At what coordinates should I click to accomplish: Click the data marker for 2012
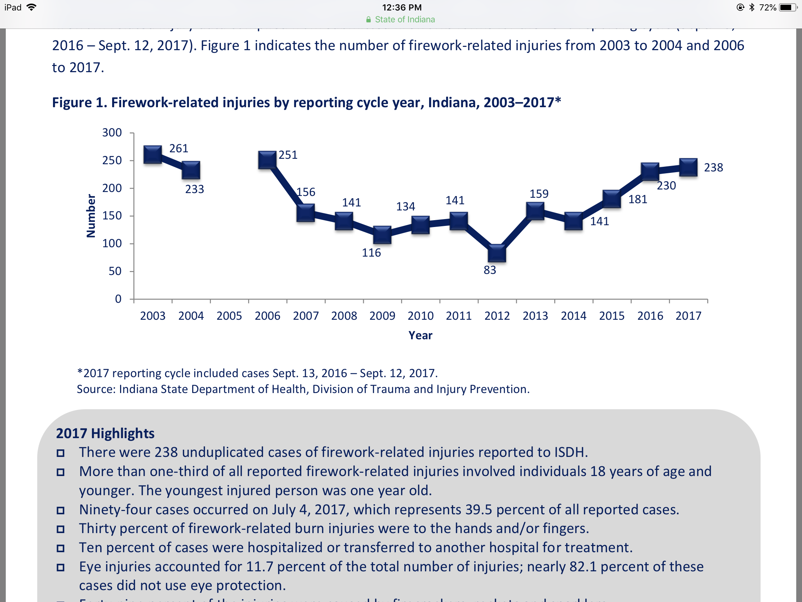[497, 253]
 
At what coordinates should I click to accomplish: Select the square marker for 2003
[153, 155]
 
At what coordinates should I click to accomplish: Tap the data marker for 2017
[688, 167]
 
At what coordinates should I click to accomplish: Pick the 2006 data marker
[267, 160]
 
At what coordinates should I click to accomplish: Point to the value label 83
[490, 270]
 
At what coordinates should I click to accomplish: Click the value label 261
[179, 148]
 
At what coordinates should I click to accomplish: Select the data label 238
[713, 168]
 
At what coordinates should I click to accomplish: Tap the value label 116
[371, 253]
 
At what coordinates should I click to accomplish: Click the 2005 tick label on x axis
[229, 316]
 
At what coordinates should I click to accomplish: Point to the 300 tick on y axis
[112, 133]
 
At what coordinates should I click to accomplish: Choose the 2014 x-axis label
[573, 316]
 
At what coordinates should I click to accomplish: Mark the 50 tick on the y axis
[115, 271]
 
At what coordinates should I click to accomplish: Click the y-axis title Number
[91, 216]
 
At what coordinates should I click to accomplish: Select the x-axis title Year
[420, 335]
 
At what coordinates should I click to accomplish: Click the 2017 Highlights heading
[105, 433]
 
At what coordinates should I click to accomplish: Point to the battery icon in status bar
[787, 8]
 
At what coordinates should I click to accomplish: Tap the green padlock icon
[369, 19]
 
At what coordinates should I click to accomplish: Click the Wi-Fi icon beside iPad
[32, 7]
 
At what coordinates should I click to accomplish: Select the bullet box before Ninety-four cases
[61, 511]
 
